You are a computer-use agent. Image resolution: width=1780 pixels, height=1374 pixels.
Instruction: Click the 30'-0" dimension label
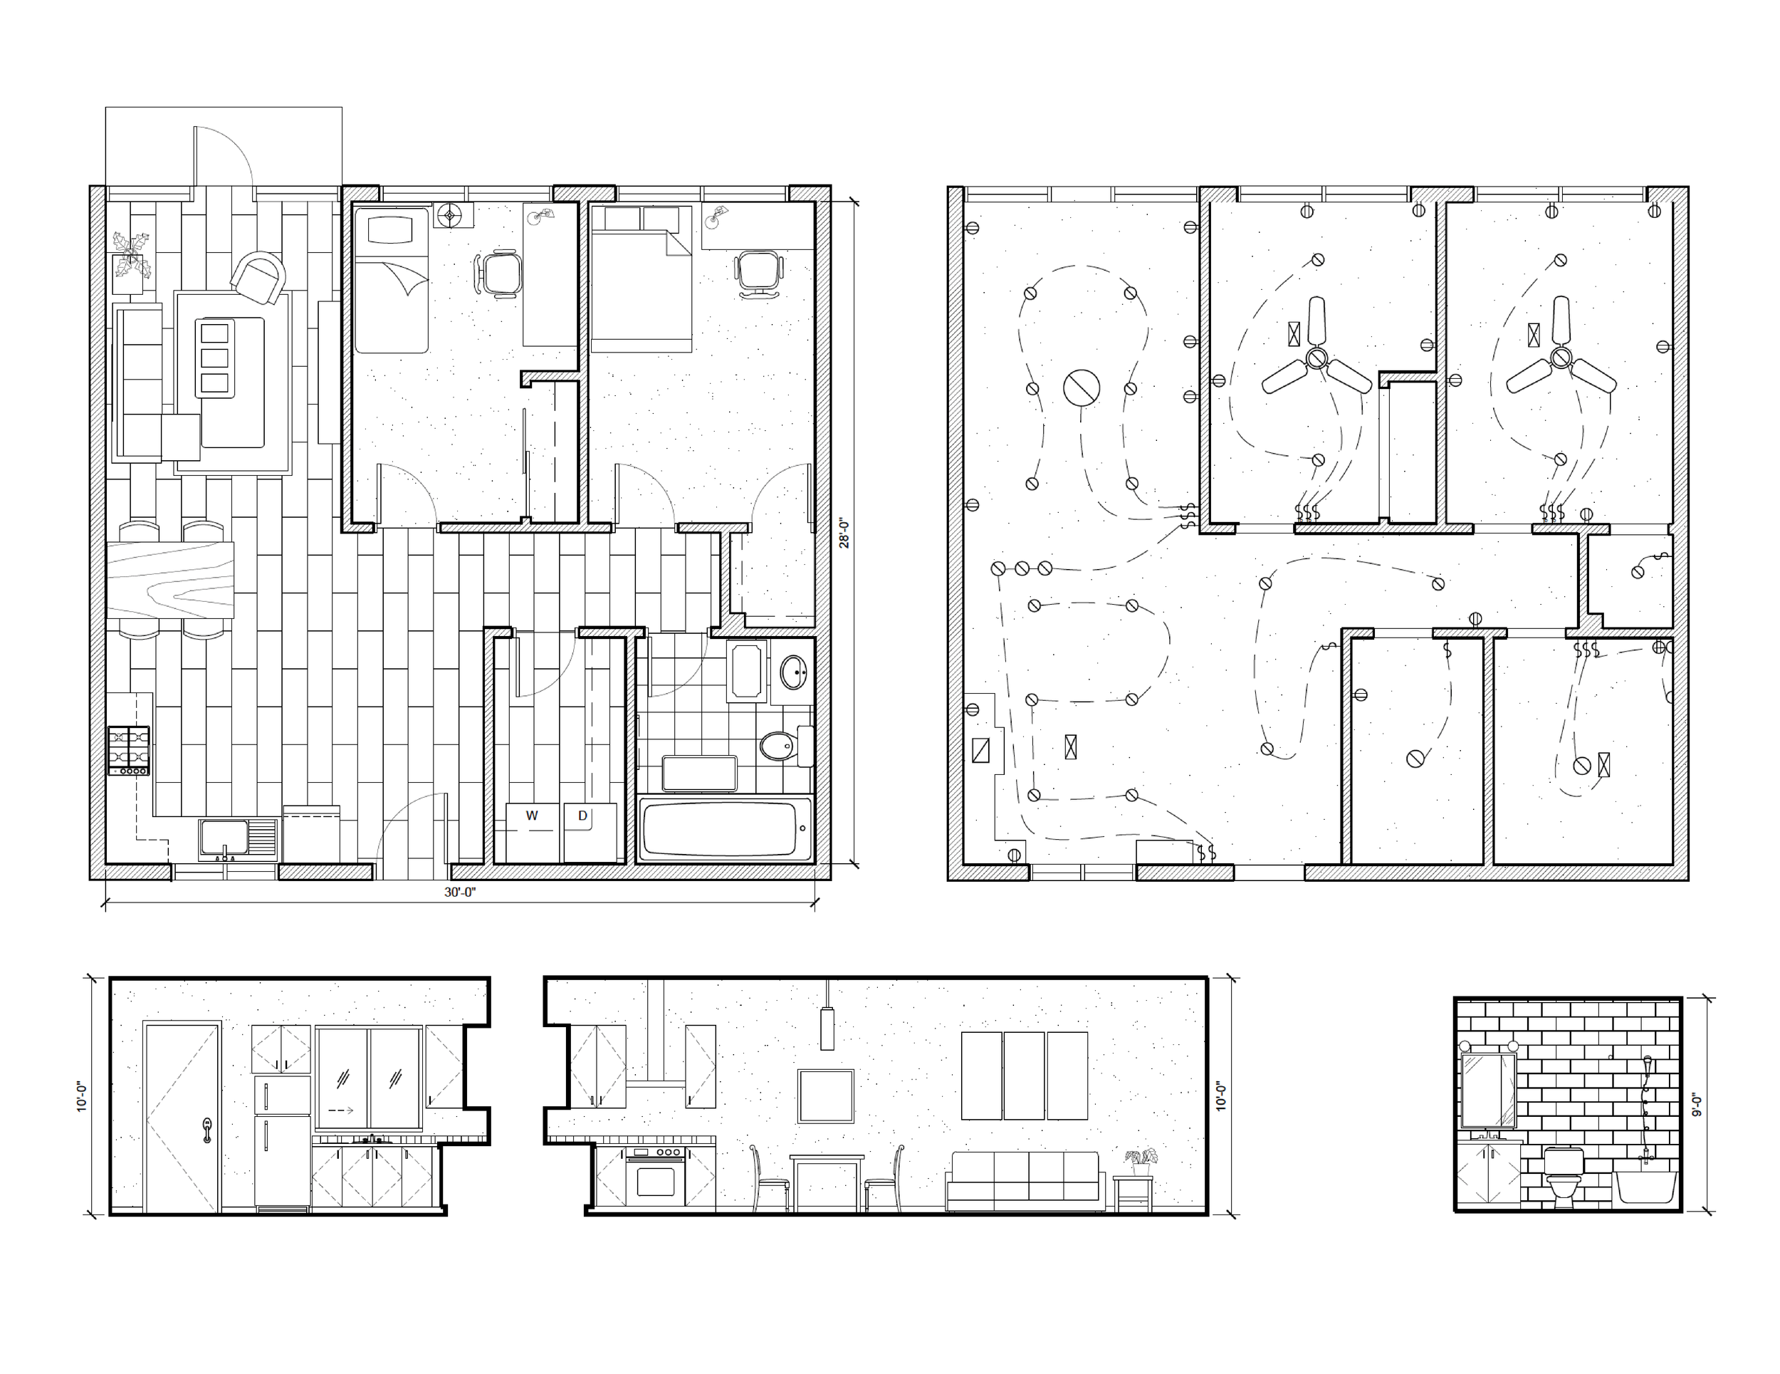point(460,892)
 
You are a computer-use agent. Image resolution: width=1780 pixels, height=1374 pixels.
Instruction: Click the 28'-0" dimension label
point(844,534)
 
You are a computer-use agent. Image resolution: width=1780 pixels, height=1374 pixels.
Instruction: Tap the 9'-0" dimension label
point(1697,1105)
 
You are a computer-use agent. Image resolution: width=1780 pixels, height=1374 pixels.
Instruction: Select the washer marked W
point(532,832)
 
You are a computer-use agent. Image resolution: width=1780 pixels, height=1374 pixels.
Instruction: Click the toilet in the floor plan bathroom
point(781,744)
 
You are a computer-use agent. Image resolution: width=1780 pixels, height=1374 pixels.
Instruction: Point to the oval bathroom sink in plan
point(792,672)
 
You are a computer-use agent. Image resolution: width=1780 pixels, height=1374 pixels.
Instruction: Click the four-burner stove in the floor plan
point(129,750)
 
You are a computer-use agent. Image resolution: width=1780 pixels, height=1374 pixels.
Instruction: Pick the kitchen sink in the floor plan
point(225,838)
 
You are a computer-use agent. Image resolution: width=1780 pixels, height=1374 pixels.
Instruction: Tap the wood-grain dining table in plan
point(169,580)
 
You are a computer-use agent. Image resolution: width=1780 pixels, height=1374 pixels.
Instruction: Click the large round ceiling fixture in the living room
point(1081,387)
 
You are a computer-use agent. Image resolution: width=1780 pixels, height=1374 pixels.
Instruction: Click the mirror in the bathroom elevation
point(1488,1091)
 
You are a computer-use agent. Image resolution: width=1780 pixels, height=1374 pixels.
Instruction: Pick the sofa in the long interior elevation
point(1025,1180)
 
